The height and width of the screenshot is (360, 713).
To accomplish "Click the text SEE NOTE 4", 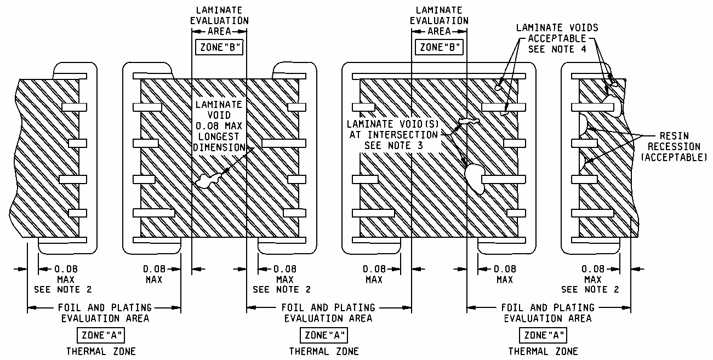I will pos(557,49).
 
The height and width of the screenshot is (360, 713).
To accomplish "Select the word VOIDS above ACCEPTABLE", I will pos(580,27).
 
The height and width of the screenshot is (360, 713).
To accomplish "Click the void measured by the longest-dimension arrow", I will pos(207,180).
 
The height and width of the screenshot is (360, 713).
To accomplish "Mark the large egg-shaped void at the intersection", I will pos(474,178).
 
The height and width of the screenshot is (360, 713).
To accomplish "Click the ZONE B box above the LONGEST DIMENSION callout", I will pos(219,47).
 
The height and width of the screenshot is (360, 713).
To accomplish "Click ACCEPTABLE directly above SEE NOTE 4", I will pos(557,38).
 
